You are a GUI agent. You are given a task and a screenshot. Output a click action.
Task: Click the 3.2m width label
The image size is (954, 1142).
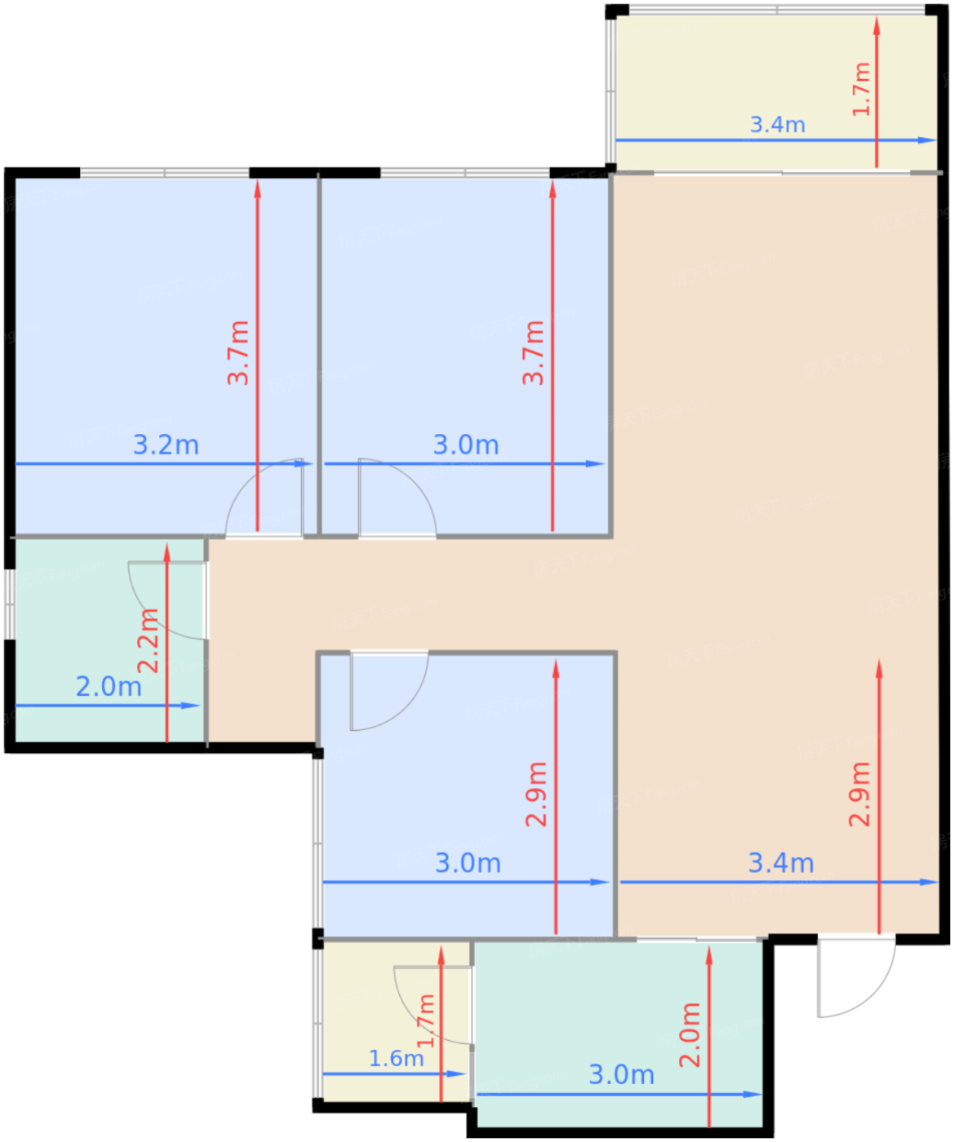click(x=166, y=445)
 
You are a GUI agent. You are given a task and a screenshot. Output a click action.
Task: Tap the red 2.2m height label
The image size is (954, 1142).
click(x=148, y=640)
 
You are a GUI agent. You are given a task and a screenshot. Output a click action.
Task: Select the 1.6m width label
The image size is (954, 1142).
click(x=397, y=1058)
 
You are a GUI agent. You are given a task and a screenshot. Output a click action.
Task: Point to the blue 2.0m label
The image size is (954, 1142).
click(x=109, y=686)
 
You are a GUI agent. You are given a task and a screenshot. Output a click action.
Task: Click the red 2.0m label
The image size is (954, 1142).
click(x=690, y=1035)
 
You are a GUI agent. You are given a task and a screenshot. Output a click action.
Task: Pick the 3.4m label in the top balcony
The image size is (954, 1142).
click(x=777, y=125)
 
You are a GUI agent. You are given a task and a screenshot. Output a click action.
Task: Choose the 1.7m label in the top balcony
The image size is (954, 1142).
click(x=861, y=89)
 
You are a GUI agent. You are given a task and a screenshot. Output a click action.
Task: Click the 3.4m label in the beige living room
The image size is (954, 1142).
click(x=781, y=863)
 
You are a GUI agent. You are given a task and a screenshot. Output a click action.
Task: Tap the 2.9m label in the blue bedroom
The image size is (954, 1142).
click(x=536, y=794)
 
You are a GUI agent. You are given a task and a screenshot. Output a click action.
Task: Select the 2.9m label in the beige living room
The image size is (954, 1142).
click(x=859, y=794)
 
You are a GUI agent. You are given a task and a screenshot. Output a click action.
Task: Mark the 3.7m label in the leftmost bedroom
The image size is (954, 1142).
click(x=238, y=352)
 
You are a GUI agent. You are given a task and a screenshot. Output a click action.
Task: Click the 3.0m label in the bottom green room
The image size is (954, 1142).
click(x=621, y=1075)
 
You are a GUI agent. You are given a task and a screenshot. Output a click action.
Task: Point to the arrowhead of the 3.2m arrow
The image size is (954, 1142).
click(x=304, y=464)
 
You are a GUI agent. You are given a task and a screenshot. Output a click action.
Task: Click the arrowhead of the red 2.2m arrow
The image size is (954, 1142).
click(x=167, y=552)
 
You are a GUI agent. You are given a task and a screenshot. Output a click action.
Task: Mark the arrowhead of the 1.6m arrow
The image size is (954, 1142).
click(x=457, y=1073)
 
